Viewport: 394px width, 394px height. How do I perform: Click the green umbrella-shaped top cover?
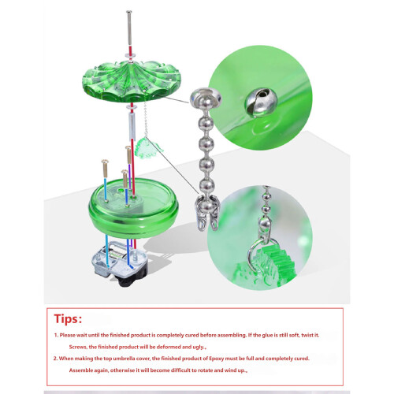point(131,81)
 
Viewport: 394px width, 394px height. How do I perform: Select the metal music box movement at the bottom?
point(120,263)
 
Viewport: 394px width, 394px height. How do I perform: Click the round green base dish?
point(133,207)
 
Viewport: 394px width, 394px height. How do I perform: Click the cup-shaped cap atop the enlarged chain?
point(206,98)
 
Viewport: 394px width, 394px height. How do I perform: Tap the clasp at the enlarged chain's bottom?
point(206,214)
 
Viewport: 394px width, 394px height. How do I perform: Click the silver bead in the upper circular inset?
point(261,102)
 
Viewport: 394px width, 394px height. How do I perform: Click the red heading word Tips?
point(68,319)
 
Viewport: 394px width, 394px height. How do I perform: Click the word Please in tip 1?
point(68,335)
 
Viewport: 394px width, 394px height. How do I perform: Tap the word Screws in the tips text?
point(78,347)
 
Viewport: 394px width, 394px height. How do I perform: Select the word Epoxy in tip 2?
point(216,359)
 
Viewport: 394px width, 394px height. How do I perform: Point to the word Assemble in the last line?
point(80,370)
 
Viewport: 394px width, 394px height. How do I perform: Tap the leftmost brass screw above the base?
point(105,168)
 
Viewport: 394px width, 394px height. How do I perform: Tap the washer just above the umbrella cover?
point(130,55)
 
